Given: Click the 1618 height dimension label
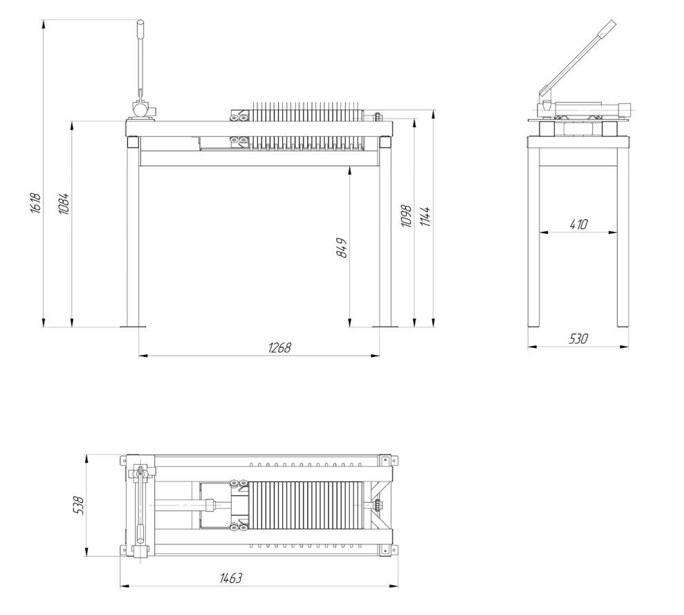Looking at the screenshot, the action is [x=36, y=203].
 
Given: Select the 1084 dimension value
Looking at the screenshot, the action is [x=64, y=203].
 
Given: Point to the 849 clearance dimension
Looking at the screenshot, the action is [x=342, y=248].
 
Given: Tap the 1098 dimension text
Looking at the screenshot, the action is [x=406, y=216].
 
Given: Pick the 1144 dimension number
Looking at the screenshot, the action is [x=426, y=217].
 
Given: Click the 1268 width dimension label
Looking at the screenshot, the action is [x=279, y=347].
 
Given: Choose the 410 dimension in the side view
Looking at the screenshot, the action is [x=579, y=224].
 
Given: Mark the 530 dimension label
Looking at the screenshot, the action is [x=578, y=338].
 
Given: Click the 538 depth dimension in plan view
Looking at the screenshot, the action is [x=79, y=505].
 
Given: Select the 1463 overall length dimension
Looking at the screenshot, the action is [x=231, y=578].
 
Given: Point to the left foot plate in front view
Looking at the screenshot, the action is [x=133, y=326].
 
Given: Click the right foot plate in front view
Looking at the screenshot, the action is [x=385, y=326].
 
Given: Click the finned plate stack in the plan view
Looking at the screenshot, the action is [x=306, y=506].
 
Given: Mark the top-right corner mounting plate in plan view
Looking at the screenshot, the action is [x=388, y=461].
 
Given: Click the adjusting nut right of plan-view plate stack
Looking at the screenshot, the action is [x=376, y=506].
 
